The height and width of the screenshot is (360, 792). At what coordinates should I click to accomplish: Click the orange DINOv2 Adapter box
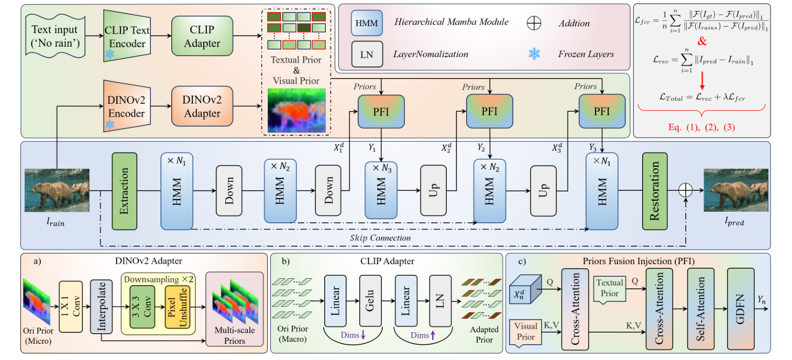pyautogui.click(x=202, y=107)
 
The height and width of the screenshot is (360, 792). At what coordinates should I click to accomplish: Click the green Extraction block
pyautogui.click(x=124, y=191)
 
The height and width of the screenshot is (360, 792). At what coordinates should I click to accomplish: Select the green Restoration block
pyautogui.click(x=655, y=191)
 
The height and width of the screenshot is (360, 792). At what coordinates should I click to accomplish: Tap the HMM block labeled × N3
pyautogui.click(x=381, y=191)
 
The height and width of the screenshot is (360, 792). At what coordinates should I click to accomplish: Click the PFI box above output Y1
pyautogui.click(x=381, y=112)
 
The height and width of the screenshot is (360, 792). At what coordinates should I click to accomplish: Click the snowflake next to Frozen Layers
pyautogui.click(x=534, y=53)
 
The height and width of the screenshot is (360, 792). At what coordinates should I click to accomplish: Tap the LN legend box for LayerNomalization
pyautogui.click(x=367, y=54)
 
